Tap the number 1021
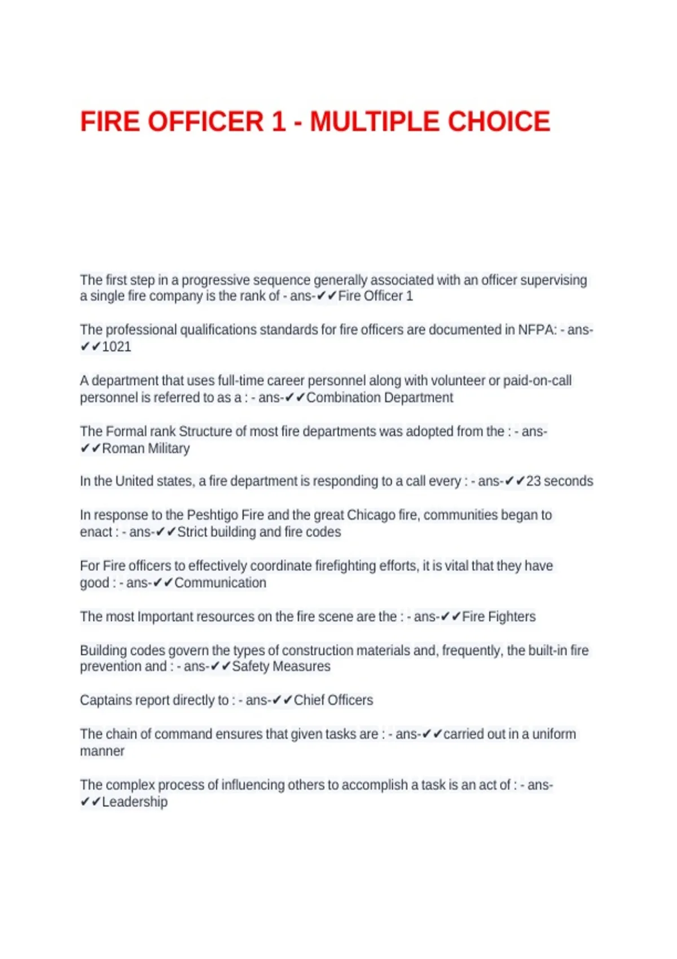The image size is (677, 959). (116, 347)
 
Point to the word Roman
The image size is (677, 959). (123, 448)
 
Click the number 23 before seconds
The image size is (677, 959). (533, 481)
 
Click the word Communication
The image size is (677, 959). (220, 583)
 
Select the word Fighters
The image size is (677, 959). (511, 617)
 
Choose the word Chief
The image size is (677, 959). (309, 700)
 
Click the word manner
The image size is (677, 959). (102, 751)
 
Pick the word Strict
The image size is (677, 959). (192, 532)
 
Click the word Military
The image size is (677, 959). (168, 448)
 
